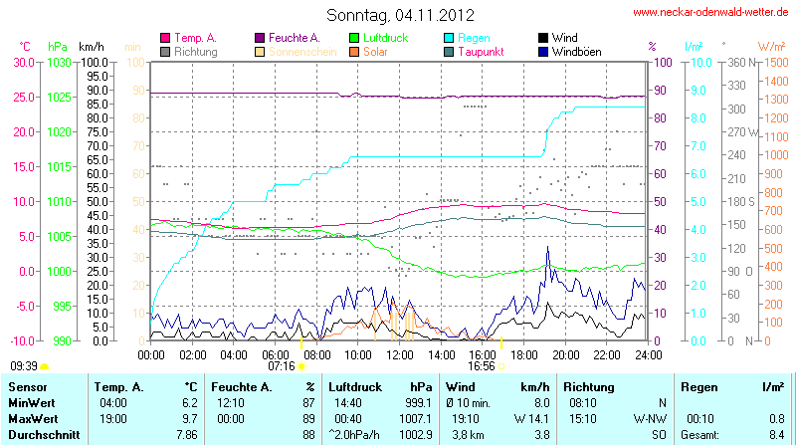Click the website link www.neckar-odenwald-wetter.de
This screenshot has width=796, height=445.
tap(710, 13)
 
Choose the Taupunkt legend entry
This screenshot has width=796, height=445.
tap(483, 52)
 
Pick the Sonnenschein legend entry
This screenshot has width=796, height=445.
tap(296, 52)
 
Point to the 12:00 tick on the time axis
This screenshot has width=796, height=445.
tap(400, 354)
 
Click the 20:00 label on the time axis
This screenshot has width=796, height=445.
tap(566, 354)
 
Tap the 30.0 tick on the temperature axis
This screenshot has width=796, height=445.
tap(23, 62)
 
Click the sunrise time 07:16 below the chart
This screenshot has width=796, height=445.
tap(282, 366)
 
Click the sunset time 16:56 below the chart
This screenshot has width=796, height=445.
tap(481, 366)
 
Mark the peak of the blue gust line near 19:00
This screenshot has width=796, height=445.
tap(547, 246)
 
